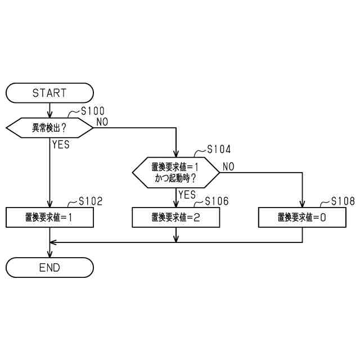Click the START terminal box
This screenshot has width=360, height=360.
pos(49,93)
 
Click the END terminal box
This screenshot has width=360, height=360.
pos(49,267)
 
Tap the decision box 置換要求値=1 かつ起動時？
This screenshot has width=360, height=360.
pos(175,172)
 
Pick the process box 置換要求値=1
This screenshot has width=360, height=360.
pos(49,217)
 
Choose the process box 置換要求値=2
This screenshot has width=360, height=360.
pos(175,217)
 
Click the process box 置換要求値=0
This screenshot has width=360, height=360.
pos(302,217)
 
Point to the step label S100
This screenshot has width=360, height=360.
pos(92,111)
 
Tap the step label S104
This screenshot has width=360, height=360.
pos(218,150)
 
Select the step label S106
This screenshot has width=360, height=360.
pos(217,201)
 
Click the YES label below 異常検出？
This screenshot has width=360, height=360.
pos(61,145)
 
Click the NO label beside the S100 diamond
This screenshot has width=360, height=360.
pos(103,121)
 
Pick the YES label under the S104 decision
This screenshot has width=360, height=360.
pos(187,195)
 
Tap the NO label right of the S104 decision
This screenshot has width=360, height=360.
pos(228,166)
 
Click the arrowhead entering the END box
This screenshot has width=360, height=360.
pos(49,254)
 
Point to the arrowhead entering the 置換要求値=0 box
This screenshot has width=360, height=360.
pos(302,205)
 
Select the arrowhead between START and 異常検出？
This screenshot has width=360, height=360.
pos(49,114)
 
